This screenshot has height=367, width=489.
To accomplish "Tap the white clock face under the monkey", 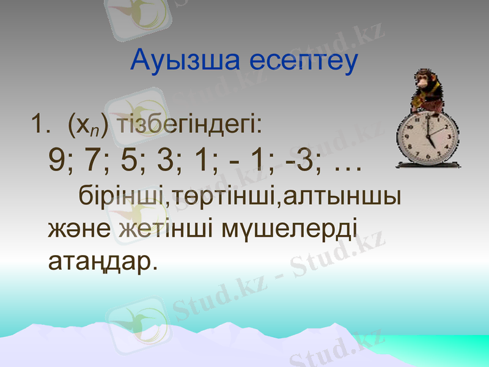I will pos(427,138).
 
